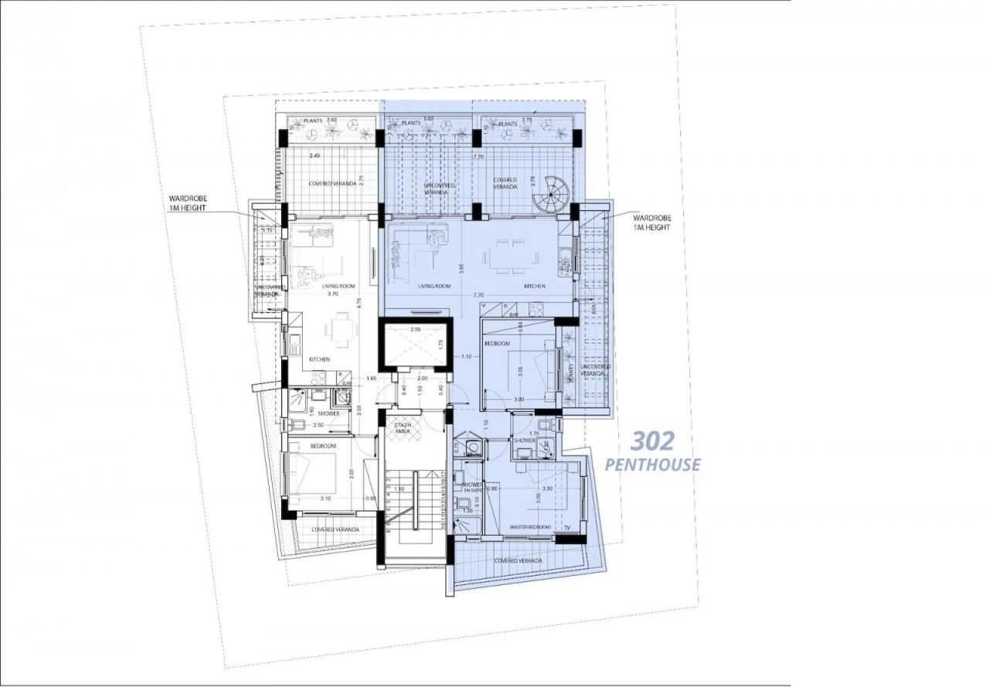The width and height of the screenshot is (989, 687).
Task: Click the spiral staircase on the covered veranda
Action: click(x=552, y=195)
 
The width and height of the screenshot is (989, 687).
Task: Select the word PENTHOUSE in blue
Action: click(x=652, y=464)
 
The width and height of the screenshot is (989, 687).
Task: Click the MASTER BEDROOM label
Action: click(x=530, y=527)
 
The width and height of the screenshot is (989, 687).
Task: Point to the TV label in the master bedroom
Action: click(x=568, y=528)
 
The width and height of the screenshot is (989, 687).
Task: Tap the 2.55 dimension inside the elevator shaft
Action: click(x=416, y=330)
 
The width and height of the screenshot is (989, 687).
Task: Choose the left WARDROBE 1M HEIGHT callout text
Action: click(x=188, y=203)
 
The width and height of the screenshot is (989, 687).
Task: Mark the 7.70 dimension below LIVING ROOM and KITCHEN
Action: click(x=478, y=295)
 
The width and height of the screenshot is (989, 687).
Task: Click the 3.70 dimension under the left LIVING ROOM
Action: click(x=333, y=294)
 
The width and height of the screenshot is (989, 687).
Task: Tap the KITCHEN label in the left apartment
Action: click(x=320, y=359)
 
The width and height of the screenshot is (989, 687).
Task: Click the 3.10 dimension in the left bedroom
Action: click(x=325, y=499)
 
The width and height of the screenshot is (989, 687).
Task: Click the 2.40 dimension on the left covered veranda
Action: click(x=314, y=156)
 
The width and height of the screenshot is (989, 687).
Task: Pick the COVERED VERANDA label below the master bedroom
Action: click(x=516, y=560)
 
